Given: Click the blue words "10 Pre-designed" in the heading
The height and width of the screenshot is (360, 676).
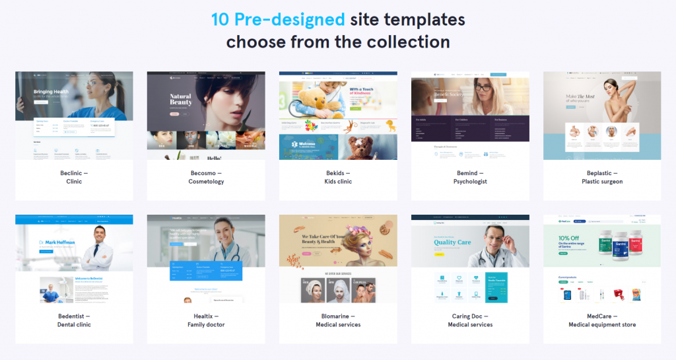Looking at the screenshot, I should [278, 18].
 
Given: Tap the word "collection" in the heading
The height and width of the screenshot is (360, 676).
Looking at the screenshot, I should [407, 42].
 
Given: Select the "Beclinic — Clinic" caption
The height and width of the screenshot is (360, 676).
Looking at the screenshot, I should [74, 177].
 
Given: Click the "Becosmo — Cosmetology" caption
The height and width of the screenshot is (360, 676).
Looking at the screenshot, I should [206, 177].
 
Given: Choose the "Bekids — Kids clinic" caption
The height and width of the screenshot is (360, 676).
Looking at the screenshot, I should [338, 177].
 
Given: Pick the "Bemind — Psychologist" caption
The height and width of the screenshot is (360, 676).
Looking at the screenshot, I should [470, 177].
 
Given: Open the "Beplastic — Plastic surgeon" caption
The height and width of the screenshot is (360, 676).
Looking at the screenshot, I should [602, 177].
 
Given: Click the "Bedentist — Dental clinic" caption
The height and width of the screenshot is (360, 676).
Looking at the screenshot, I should [74, 320].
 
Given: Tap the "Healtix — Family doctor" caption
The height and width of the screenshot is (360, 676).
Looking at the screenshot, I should [206, 320].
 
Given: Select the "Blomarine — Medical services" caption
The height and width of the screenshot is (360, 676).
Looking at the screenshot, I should [338, 320].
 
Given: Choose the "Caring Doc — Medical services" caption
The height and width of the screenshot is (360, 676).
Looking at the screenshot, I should [470, 320].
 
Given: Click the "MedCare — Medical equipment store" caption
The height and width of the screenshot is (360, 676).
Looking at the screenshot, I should [602, 320].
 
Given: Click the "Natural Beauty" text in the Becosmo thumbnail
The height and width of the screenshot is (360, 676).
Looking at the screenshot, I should [180, 100].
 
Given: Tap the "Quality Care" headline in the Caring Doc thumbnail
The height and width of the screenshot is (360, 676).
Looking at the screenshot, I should [452, 242].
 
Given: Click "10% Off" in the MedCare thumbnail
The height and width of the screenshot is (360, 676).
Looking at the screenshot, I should [569, 238].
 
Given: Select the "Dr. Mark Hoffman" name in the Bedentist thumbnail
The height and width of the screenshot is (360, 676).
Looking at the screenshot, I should [57, 242].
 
